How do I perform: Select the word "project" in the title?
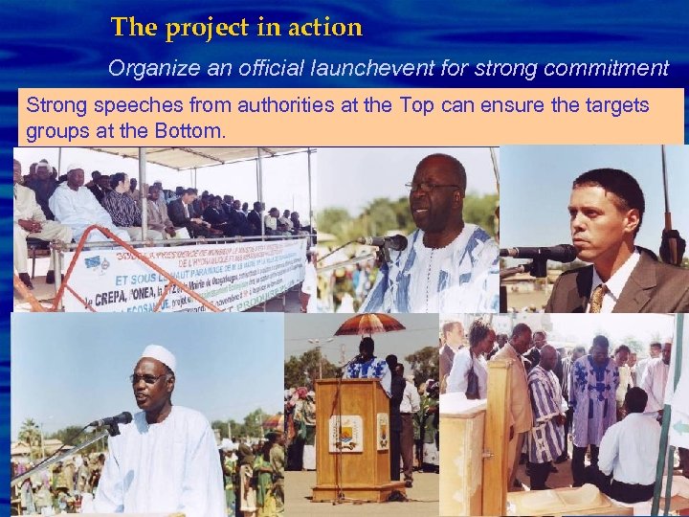click(x=210, y=28)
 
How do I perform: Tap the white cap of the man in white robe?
click(x=159, y=357)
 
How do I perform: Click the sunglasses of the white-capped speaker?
click(x=148, y=379)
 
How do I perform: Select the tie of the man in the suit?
click(x=598, y=298)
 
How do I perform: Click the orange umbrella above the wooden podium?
click(x=368, y=325)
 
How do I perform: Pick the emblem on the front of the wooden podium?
click(x=345, y=433)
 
